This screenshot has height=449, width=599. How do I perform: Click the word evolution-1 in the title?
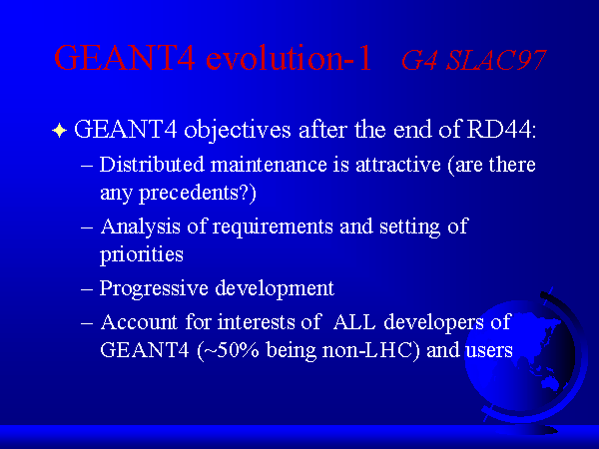(x=289, y=58)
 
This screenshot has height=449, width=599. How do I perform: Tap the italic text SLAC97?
(x=496, y=60)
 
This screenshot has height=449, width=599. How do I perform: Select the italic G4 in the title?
(x=419, y=60)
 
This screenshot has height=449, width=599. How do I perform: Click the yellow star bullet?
(x=59, y=130)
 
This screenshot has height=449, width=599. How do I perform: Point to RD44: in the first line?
(x=501, y=130)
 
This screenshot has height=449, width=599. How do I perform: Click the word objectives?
(x=238, y=130)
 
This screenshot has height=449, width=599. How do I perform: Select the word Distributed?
(x=152, y=165)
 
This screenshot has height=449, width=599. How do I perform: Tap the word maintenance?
(x=269, y=165)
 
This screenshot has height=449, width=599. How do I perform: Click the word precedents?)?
(x=197, y=194)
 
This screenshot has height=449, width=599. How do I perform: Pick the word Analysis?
(x=140, y=226)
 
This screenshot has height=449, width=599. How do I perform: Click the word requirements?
(x=273, y=227)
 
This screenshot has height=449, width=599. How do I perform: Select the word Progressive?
(x=154, y=289)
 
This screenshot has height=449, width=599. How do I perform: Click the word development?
(x=275, y=289)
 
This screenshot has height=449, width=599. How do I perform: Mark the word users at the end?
(x=488, y=351)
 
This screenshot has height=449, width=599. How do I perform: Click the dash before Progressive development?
(x=87, y=289)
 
